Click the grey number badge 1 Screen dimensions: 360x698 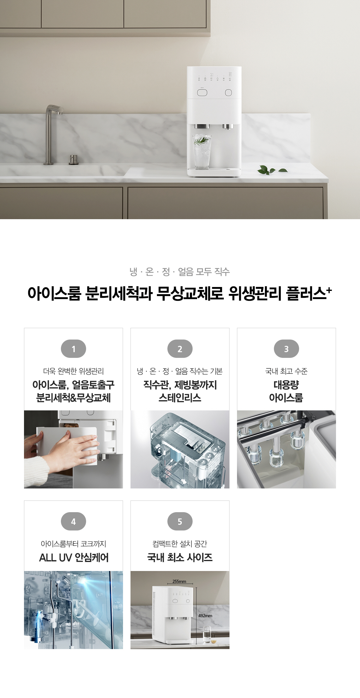[73, 349]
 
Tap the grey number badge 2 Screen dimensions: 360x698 [180, 349]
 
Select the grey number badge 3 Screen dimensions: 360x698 [286, 349]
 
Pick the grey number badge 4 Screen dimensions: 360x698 [73, 521]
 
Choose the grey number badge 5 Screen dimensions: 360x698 [180, 521]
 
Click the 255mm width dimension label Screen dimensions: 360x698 [179, 581]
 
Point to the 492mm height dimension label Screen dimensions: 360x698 [205, 615]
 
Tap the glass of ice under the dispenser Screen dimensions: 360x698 [202, 152]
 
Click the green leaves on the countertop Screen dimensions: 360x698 [272, 170]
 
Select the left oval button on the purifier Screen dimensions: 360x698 [202, 93]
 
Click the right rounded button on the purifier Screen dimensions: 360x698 [228, 93]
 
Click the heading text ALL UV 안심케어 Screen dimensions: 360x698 [74, 557]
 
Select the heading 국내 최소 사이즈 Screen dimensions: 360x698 [180, 557]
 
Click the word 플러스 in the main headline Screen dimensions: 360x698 [306, 293]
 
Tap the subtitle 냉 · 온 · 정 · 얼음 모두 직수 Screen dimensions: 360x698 [180, 272]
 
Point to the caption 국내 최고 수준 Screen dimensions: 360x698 [286, 371]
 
